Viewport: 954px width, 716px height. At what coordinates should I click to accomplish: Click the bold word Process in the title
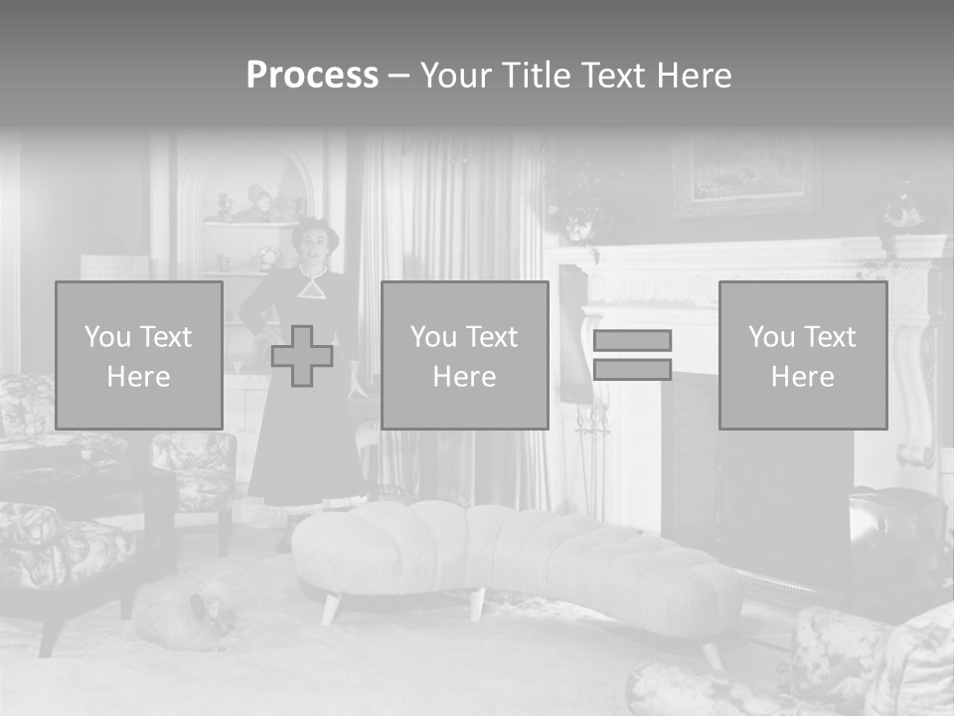(x=312, y=76)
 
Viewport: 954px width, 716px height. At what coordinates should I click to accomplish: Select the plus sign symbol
(x=302, y=356)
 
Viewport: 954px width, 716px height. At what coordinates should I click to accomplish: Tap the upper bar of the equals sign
(x=632, y=340)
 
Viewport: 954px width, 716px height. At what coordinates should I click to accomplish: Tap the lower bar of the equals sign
(x=632, y=369)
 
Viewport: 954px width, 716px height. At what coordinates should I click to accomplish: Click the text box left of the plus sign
(x=139, y=355)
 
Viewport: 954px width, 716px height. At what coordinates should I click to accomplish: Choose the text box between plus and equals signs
(x=464, y=355)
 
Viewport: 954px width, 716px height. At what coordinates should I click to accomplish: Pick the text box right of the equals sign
(x=802, y=355)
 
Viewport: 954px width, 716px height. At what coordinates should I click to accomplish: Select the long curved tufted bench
(x=517, y=557)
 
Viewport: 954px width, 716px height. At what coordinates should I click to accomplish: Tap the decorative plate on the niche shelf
(x=268, y=260)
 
